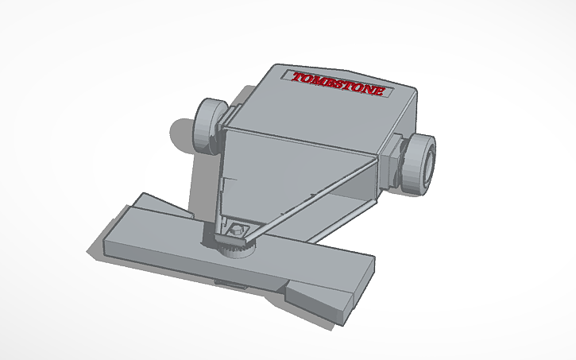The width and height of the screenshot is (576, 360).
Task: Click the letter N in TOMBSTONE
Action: (x=369, y=89)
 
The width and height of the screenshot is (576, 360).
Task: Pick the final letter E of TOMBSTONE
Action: (x=380, y=91)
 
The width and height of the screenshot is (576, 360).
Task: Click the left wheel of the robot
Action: (x=209, y=126)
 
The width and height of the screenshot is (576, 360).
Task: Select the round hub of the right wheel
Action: (x=427, y=165)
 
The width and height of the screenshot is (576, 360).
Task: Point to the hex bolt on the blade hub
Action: (x=235, y=230)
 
